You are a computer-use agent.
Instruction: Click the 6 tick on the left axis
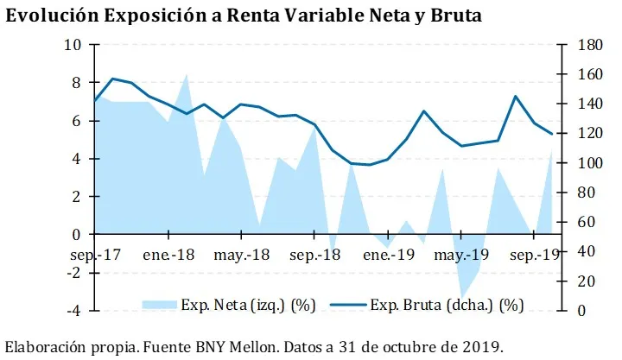[x=77, y=121]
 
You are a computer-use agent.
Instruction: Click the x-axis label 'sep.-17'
[x=96, y=256]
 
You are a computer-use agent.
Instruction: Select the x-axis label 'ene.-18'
[x=168, y=256]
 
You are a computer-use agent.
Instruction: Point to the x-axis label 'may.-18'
[x=242, y=256]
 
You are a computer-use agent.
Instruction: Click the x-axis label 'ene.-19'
[x=389, y=256]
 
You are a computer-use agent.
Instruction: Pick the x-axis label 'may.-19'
[x=463, y=256]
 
